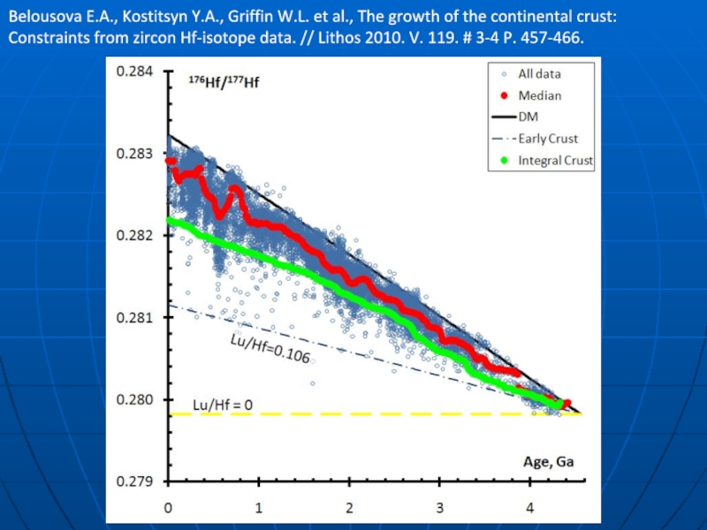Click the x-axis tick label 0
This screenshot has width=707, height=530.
[168, 509]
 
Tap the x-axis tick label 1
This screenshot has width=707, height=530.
[259, 509]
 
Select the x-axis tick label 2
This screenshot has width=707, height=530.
[350, 509]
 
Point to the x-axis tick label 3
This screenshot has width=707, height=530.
[440, 509]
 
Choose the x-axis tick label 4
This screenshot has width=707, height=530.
[531, 509]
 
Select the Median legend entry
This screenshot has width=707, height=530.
[539, 95]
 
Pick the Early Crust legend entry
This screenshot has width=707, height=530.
[549, 139]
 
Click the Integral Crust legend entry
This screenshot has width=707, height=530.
[555, 161]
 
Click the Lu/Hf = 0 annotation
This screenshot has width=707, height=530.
[223, 405]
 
